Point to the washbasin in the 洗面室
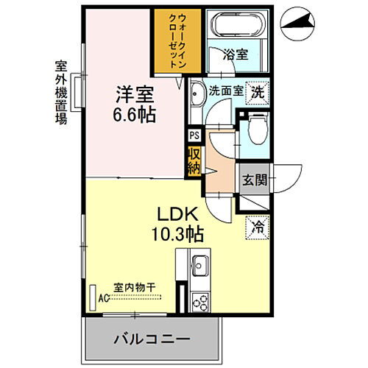[197, 93]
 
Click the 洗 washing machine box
[258, 92]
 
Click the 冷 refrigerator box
[258, 227]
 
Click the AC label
[105, 300]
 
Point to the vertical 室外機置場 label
[61, 92]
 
